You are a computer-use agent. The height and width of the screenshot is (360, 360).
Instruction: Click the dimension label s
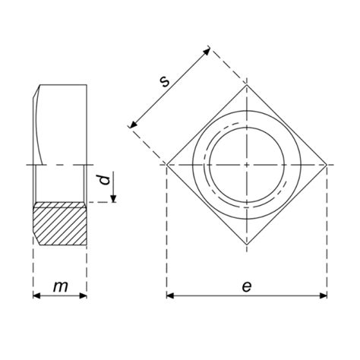(165, 81)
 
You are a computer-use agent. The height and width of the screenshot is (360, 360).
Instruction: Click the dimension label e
(247, 286)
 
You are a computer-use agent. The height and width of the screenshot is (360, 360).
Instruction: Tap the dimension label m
(61, 286)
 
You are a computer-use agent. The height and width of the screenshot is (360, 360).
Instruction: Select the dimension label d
(105, 179)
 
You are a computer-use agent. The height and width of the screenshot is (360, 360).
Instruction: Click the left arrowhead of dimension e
(170, 295)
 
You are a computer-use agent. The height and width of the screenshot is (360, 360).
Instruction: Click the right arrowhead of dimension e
(324, 295)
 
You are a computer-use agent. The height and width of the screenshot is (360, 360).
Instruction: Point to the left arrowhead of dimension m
(36, 295)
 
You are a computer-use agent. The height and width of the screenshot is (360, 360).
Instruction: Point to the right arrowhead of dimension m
(84, 295)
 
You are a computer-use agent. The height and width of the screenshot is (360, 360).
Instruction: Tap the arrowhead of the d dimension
(113, 199)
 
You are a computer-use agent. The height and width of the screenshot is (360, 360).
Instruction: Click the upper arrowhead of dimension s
(207, 51)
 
